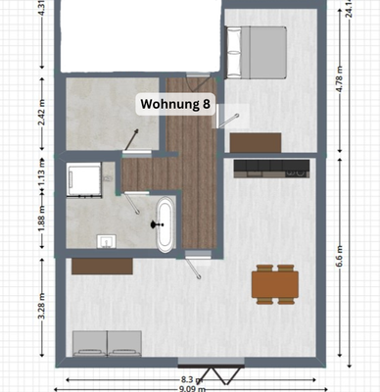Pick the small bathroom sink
point(106,240)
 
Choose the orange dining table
point(274,283)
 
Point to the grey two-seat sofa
point(109,343)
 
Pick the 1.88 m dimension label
point(41,216)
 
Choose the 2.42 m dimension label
point(42,108)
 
